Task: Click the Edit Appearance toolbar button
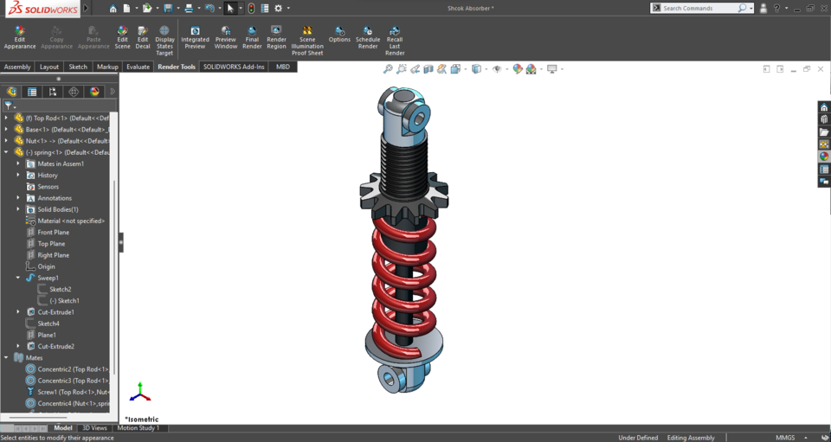pos(20,37)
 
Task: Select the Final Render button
pos(252,37)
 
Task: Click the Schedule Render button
pos(368,37)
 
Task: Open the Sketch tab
pos(78,67)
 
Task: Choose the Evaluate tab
pos(138,67)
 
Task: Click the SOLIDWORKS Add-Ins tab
pos(234,67)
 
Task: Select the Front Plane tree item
pos(53,232)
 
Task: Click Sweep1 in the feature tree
pos(48,278)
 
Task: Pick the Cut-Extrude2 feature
pos(55,346)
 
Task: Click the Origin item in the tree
pos(46,266)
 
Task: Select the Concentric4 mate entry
pos(73,403)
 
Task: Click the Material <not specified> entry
pos(71,221)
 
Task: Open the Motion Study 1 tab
pos(138,428)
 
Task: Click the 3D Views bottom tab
pos(94,428)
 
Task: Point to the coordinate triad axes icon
pos(139,394)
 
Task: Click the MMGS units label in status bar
pos(785,438)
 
